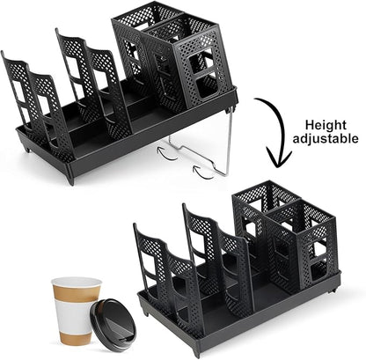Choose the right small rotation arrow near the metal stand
(206, 173)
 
